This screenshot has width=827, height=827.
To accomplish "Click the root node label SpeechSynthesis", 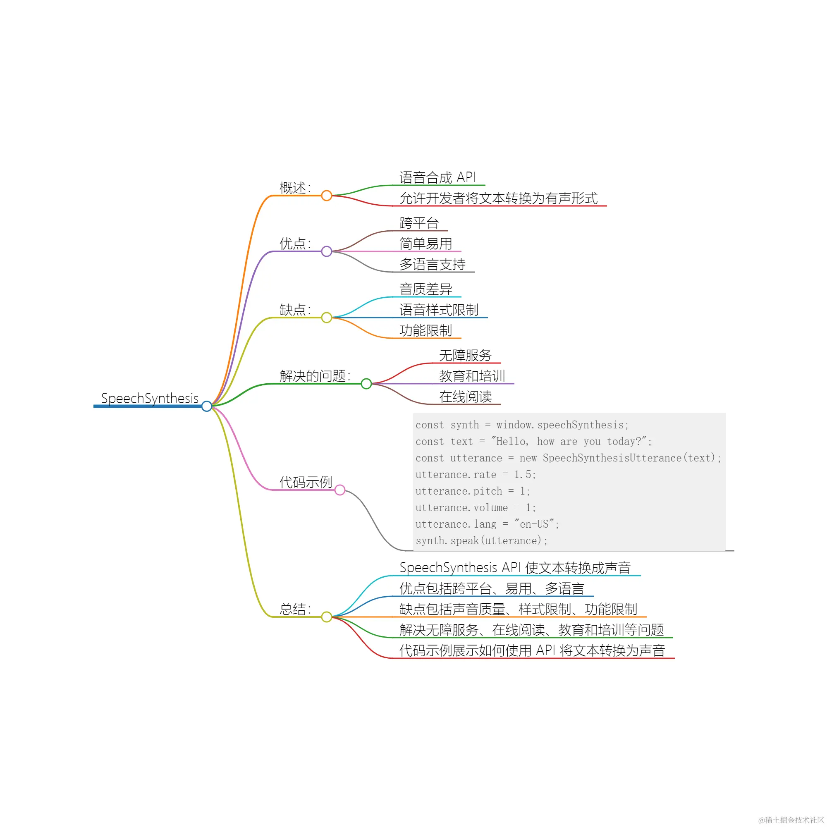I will click(150, 399).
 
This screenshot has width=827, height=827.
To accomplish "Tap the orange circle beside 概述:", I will click(327, 196).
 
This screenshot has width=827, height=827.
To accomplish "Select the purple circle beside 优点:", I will click(327, 251).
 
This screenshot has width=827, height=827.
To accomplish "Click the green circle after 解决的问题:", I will click(366, 384).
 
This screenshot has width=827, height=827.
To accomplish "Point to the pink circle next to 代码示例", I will click(340, 490).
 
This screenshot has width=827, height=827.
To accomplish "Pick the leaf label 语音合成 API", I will click(437, 177).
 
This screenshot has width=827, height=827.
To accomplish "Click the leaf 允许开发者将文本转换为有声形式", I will click(498, 198).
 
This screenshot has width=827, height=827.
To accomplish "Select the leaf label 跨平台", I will click(419, 223).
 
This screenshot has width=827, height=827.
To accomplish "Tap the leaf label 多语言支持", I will click(433, 264).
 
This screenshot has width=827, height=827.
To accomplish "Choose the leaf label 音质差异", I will click(426, 289).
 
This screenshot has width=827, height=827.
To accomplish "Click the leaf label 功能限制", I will click(426, 330).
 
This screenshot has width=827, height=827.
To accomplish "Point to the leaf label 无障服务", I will click(465, 355).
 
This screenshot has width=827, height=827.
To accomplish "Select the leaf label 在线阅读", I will click(465, 397).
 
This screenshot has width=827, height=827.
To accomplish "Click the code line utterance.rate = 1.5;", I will click(476, 474).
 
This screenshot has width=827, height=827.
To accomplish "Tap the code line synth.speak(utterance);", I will click(482, 540).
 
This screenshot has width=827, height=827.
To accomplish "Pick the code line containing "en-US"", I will click(487, 524).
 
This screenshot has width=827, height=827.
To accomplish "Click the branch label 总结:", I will click(295, 609).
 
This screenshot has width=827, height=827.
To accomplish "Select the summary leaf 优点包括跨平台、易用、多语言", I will click(492, 588).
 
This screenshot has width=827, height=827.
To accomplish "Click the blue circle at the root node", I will click(207, 406).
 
